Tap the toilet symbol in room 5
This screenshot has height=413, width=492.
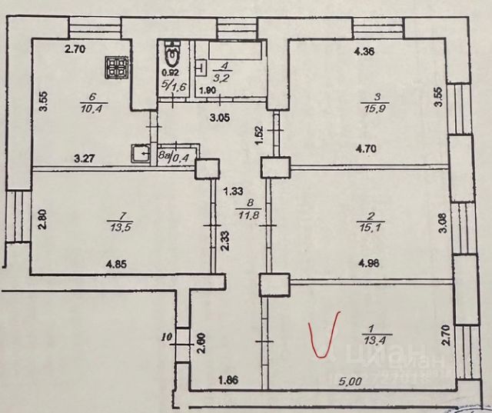[172, 55]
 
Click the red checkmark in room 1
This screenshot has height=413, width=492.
[322, 335]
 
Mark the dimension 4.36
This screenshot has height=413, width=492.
[364, 52]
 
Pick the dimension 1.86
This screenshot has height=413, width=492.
[228, 378]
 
